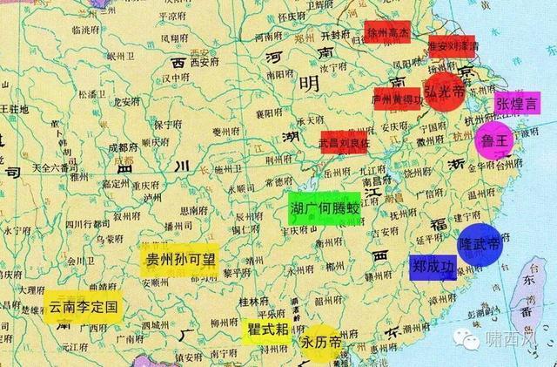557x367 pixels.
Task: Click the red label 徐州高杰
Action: pyautogui.click(x=388, y=33)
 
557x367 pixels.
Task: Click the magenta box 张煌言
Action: pyautogui.click(x=517, y=104)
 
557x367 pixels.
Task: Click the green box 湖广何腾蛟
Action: pyautogui.click(x=325, y=210)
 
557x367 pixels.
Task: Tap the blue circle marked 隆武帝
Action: pyautogui.click(x=479, y=245)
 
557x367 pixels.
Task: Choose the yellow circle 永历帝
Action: pyautogui.click(x=321, y=341)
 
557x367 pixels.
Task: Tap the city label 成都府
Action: pyautogui.click(x=124, y=149)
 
